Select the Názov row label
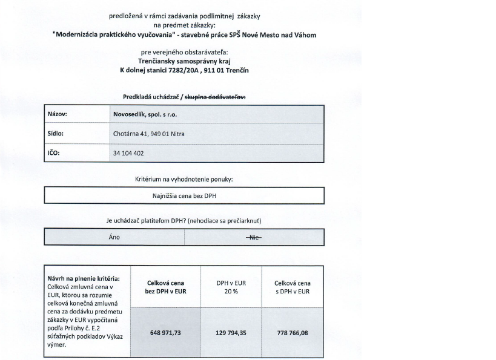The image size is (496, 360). click(58, 114)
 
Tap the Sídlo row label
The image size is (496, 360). click(56, 133)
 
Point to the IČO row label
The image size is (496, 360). click(55, 153)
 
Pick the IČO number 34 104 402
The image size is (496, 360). click(128, 153)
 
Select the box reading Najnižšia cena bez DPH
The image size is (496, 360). click(184, 196)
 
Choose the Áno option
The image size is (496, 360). click(114, 237)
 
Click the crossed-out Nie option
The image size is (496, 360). click(254, 237)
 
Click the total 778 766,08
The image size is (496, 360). click(293, 332)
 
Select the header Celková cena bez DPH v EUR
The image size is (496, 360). click(165, 287)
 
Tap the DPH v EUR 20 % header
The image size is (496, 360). click(231, 287)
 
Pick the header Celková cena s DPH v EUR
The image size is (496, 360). click(292, 287)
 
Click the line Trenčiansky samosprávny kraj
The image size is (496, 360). click(184, 61)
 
